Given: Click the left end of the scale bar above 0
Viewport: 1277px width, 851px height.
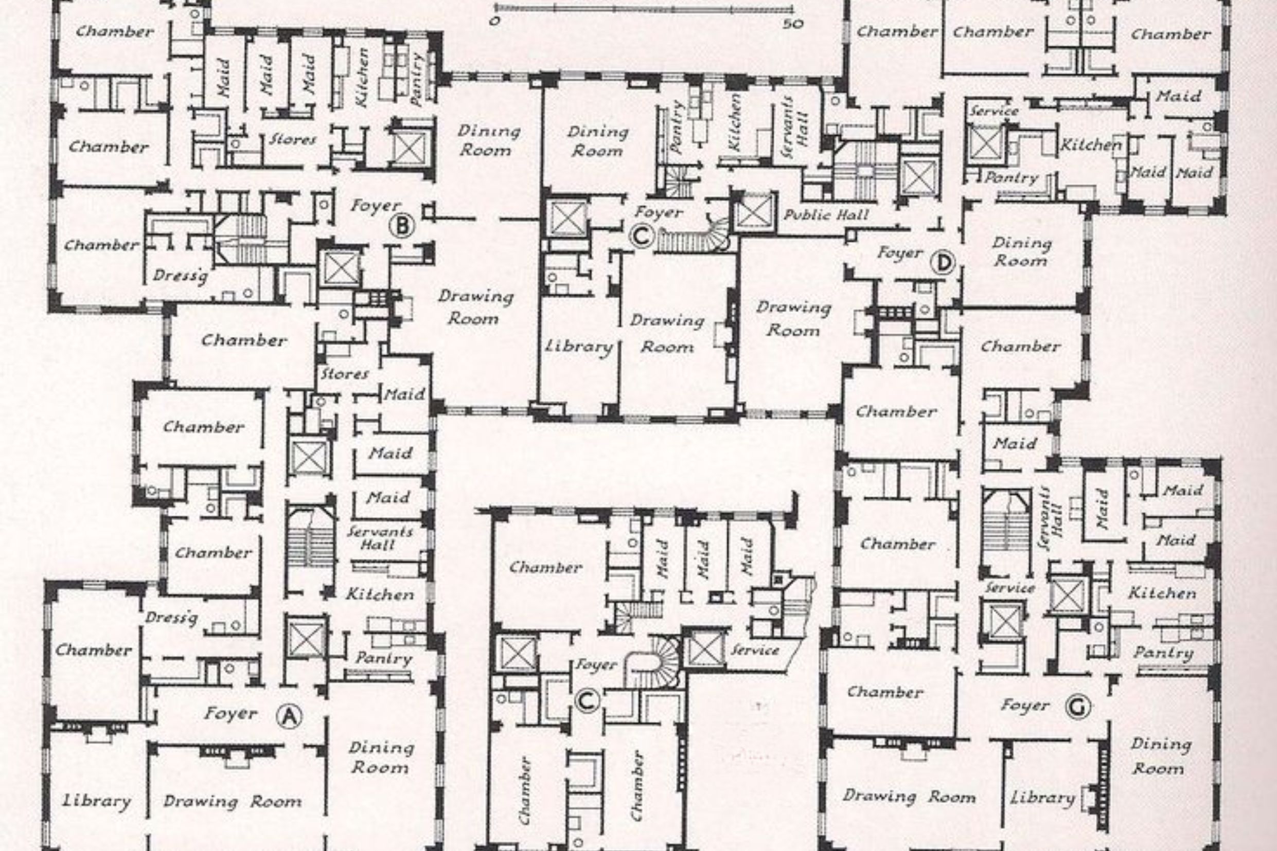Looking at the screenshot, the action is (494, 8).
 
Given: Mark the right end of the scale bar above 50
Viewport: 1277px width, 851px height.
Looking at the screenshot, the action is (792, 8).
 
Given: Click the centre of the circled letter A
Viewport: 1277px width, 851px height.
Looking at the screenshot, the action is (289, 716).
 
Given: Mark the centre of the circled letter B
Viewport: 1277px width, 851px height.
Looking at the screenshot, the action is (402, 225).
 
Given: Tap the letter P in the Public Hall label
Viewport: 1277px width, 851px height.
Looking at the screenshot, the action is (788, 215).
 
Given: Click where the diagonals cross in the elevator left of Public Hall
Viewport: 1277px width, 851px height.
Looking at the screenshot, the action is (755, 212).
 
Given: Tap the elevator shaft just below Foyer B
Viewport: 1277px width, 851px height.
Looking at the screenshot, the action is (340, 268).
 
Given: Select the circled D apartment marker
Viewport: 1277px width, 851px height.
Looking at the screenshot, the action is (943, 263).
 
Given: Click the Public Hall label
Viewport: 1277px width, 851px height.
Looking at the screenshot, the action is (825, 215).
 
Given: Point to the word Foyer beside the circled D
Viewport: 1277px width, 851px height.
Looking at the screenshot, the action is (900, 253).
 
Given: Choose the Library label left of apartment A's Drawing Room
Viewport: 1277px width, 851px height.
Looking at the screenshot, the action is (97, 801).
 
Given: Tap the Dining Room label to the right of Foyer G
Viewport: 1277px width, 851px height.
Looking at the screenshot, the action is (1160, 756).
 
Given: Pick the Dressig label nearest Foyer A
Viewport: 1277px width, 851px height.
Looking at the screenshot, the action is (171, 618).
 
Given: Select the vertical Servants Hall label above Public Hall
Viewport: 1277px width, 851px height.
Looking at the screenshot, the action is (795, 128).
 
